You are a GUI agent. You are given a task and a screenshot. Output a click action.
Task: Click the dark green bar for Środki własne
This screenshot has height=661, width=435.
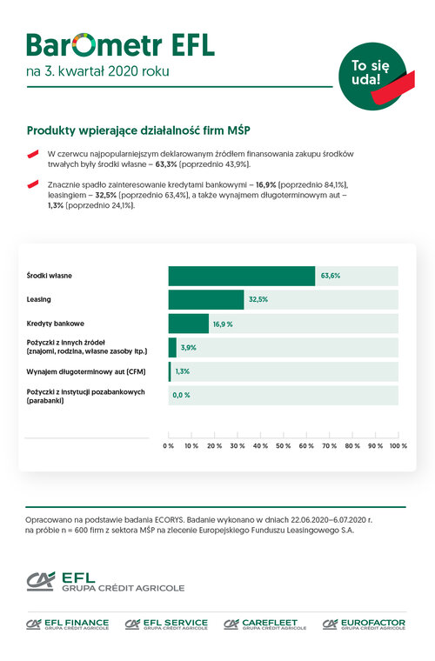click(242, 276)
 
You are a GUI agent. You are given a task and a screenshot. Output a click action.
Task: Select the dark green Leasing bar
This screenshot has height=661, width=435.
click(206, 300)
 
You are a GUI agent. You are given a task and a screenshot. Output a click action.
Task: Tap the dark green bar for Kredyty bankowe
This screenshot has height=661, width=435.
click(189, 324)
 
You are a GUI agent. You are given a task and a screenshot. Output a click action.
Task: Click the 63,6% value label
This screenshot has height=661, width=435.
click(331, 276)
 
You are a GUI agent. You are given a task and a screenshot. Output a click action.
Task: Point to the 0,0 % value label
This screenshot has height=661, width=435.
click(181, 396)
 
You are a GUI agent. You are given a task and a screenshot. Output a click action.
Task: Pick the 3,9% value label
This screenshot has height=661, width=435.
click(189, 348)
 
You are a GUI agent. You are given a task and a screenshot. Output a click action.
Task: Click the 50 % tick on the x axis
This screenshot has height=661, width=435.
click(284, 446)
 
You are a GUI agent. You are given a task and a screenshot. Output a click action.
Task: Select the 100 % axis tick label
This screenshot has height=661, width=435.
click(398, 446)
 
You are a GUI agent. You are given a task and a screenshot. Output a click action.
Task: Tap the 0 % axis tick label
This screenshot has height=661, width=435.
click(168, 446)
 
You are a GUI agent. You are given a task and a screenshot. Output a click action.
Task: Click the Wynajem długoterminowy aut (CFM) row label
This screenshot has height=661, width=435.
click(86, 372)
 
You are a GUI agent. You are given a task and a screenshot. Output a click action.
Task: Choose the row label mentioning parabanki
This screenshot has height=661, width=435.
click(85, 397)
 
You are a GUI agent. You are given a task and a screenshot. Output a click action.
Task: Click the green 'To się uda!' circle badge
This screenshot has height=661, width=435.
click(372, 76)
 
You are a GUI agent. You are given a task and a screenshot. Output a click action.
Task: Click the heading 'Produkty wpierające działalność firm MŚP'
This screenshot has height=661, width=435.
click(138, 130)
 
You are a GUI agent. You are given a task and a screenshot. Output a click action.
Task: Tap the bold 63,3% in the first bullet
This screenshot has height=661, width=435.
click(166, 164)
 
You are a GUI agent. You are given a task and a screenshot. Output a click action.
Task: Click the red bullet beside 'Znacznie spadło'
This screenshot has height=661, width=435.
click(33, 184)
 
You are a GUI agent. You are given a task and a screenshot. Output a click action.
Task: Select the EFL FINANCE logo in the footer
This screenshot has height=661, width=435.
click(68, 624)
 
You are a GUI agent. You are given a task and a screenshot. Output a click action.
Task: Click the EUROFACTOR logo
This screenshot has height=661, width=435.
click(364, 624)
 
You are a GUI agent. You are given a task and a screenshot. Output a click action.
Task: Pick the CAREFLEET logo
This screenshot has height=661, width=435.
click(265, 624)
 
